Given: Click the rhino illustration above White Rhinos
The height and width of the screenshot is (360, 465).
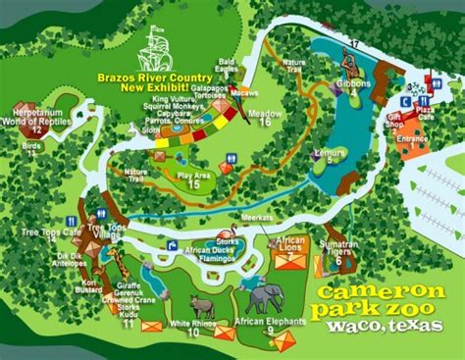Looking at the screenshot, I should [202, 306].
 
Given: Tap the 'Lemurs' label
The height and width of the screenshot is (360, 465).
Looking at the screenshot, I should [326, 152].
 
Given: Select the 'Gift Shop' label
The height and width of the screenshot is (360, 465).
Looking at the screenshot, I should [395, 123].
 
